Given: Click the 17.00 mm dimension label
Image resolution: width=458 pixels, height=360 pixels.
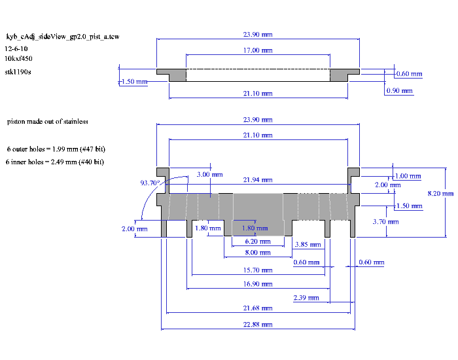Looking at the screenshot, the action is [258, 50].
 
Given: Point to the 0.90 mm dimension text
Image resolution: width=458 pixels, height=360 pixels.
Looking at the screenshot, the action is [399, 90].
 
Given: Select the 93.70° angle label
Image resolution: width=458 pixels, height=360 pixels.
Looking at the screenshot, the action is [150, 183].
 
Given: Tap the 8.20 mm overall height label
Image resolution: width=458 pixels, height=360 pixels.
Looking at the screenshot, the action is [440, 194].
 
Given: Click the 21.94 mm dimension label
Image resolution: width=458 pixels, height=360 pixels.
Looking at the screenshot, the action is [258, 180].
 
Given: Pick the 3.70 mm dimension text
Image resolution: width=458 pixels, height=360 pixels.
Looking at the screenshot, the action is [385, 222].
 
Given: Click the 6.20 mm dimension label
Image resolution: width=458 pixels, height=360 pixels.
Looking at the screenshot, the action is [258, 242].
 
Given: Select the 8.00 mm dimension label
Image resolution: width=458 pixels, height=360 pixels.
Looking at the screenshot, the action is [258, 253].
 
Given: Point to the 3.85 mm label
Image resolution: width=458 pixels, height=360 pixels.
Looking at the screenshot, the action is [308, 244].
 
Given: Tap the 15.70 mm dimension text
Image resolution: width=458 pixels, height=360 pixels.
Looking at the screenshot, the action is [258, 270].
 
